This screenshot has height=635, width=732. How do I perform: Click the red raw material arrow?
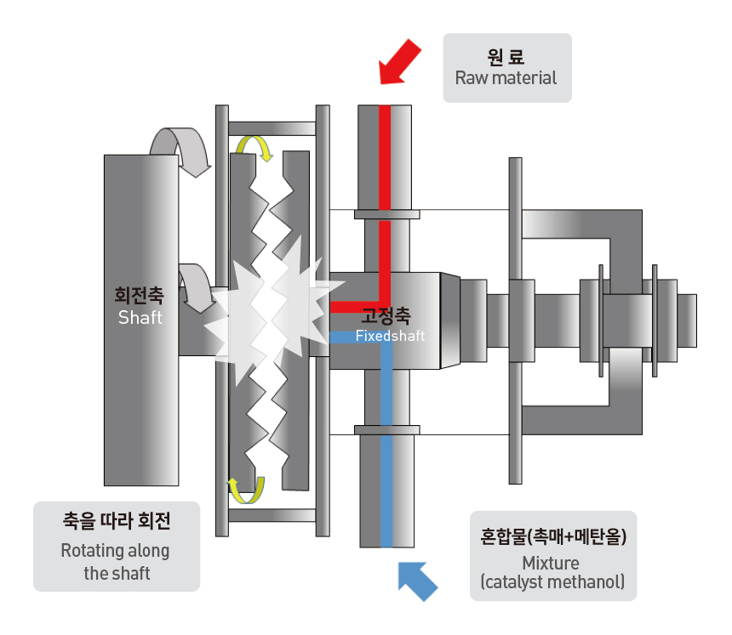coord(399,63)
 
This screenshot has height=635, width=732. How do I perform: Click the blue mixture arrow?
coord(417,581)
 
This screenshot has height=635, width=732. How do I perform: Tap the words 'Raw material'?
coord(506,78)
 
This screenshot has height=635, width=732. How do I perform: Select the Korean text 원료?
coord(506,57)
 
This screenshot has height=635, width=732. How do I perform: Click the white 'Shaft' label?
coord(140,318)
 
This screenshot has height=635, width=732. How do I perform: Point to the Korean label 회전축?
coord(139,295)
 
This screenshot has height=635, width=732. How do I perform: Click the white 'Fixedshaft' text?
coord(391,336)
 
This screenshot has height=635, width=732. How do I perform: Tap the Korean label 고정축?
coord(386,315)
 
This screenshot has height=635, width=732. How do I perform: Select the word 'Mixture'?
coord(551,564)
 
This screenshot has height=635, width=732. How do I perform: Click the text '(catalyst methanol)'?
coord(552,582)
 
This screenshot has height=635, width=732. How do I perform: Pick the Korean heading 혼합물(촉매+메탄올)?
coord(553,536)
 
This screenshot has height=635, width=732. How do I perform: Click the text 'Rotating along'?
coord(115,551)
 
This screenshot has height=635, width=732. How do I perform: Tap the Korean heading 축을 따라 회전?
coord(117,521)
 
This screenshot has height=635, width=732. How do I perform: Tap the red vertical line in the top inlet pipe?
coord(385,157)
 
